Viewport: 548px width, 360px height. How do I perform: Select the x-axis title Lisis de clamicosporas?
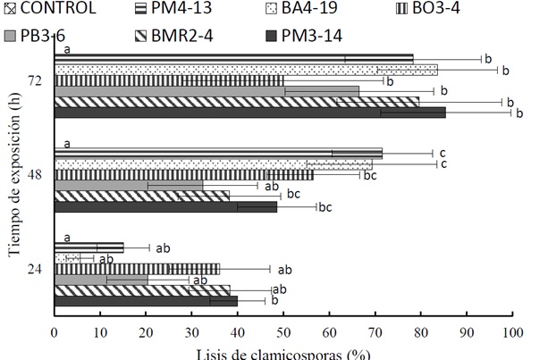point(283,352)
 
